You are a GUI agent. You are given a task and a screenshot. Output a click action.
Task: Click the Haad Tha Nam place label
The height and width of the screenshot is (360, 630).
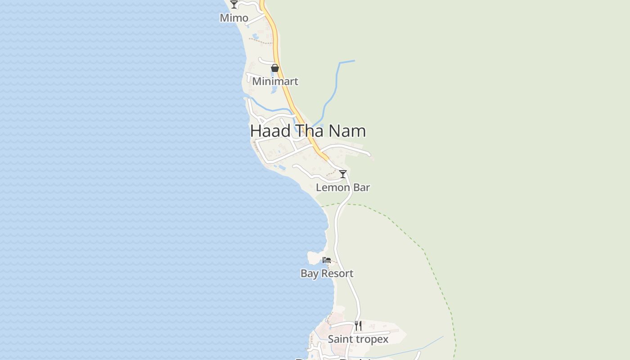(x=308, y=131)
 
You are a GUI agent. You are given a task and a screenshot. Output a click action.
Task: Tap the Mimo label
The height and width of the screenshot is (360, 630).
(x=234, y=18)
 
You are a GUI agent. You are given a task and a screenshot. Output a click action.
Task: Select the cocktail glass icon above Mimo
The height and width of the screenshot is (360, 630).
(x=234, y=4)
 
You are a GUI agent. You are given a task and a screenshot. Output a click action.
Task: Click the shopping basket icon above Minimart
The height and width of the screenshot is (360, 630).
(x=275, y=68)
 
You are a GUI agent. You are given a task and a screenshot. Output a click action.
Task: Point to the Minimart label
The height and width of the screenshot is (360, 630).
(x=275, y=81)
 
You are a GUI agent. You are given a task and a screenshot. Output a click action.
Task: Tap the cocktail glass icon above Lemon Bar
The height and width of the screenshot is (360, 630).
(x=343, y=174)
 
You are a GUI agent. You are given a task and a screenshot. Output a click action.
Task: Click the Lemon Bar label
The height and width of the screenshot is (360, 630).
(x=343, y=188)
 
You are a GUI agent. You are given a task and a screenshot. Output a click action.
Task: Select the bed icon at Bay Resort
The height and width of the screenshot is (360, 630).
(x=327, y=260)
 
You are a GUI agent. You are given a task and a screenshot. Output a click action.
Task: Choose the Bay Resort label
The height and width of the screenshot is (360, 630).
(x=327, y=274)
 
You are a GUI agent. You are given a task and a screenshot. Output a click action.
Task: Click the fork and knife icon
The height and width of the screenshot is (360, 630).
(x=358, y=325)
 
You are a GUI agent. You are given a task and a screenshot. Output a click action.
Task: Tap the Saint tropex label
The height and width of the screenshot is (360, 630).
(x=358, y=339)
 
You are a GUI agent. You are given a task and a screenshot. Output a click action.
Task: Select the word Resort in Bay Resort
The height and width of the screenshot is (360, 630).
(x=337, y=274)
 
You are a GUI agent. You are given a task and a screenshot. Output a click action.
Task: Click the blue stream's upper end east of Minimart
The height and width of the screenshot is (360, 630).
(x=354, y=61)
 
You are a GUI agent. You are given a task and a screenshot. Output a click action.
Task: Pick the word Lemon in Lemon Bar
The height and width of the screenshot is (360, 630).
(x=333, y=188)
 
